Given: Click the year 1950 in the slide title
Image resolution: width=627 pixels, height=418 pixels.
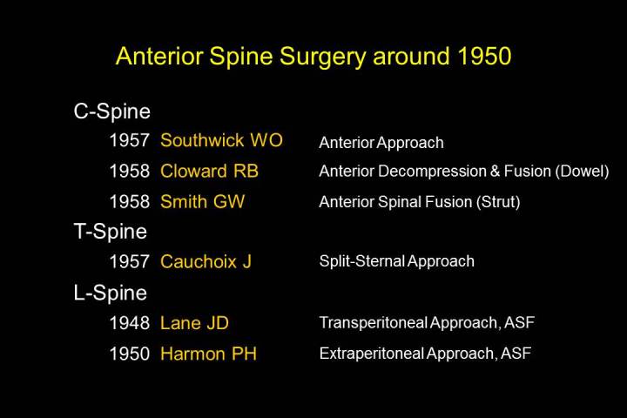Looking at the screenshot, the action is [x=485, y=56].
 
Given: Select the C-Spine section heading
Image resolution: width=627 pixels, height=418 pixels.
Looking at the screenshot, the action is [x=112, y=111].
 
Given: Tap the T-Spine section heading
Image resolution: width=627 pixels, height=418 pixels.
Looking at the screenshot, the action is [x=111, y=231].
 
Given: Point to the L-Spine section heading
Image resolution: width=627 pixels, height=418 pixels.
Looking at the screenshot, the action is [x=111, y=293].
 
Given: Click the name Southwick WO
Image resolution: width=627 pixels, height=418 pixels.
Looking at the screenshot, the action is [x=221, y=140].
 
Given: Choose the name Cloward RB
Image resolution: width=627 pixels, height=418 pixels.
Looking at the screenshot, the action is [x=209, y=171].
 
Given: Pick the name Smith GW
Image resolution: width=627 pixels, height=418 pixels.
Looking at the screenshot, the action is [x=202, y=201].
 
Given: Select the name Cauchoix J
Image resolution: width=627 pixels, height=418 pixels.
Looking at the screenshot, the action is [x=206, y=261].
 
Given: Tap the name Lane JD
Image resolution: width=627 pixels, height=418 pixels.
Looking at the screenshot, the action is [x=194, y=323].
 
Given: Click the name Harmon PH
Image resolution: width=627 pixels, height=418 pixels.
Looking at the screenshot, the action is [x=208, y=354].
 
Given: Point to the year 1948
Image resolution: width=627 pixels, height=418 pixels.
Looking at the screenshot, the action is [x=130, y=323].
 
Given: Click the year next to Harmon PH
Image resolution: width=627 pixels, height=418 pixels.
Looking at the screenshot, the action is [x=130, y=354].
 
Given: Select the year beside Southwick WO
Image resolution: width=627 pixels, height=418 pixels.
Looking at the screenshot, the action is [x=130, y=140].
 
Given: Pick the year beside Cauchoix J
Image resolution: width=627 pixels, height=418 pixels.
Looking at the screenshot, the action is [x=130, y=261].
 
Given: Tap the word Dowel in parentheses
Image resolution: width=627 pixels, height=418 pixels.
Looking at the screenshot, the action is [x=582, y=171].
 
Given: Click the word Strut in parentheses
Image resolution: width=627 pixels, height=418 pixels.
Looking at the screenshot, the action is [x=498, y=202].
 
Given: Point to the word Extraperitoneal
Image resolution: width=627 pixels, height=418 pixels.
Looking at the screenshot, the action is [x=372, y=354].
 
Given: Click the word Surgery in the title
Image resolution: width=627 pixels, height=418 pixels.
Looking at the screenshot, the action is [x=322, y=57].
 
